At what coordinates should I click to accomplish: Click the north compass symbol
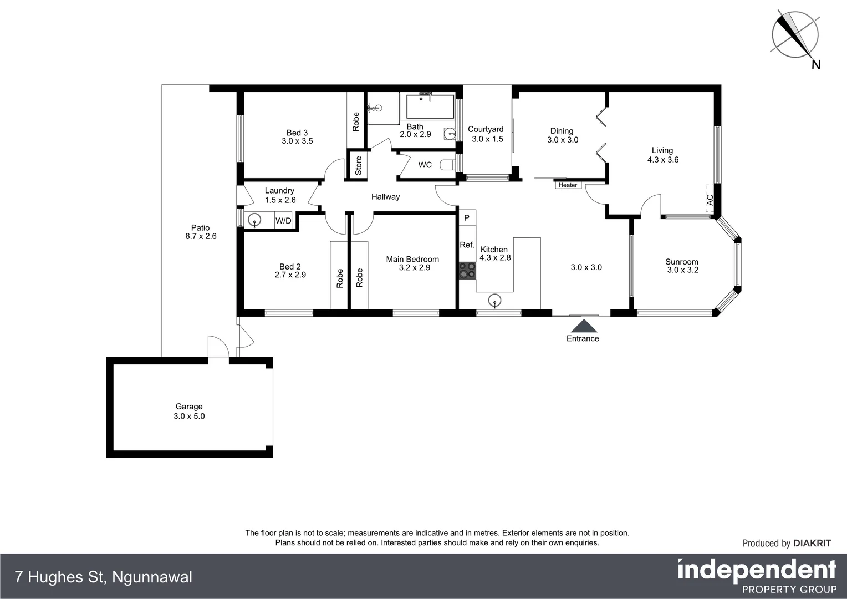(795, 35)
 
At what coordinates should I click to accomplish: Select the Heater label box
(568, 185)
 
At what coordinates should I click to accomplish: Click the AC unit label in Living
(710, 200)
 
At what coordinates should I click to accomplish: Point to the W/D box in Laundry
(283, 221)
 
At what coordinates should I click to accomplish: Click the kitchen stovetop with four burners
(467, 270)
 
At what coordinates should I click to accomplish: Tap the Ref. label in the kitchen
(467, 245)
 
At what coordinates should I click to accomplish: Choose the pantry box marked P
(467, 218)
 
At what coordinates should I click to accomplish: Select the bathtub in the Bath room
(430, 106)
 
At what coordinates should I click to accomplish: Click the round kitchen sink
(494, 301)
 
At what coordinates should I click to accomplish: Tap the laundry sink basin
(254, 220)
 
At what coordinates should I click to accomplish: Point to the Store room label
(358, 165)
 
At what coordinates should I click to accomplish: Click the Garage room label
(189, 407)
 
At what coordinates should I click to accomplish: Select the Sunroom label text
(682, 262)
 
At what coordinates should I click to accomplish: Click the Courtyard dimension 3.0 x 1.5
(487, 139)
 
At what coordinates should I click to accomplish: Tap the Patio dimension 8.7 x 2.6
(201, 236)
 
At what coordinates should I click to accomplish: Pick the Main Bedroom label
(412, 259)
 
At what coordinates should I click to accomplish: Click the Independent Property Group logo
(757, 576)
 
